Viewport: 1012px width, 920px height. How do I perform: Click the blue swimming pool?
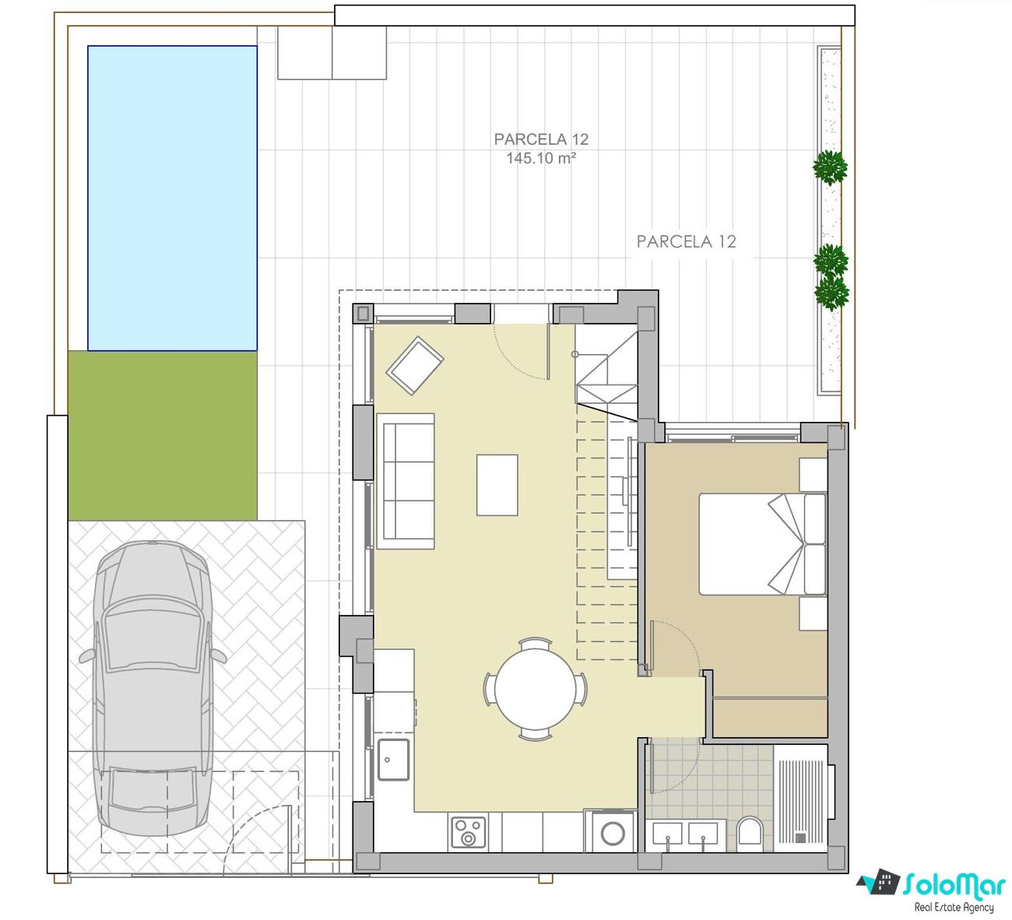point(172,198)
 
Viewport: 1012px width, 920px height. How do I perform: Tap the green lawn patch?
point(163,436)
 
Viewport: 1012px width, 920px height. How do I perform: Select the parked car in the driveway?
point(153,689)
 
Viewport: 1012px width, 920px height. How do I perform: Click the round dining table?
point(536,690)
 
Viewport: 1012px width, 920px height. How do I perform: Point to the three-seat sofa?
point(406,481)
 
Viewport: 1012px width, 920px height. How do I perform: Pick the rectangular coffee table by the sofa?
point(497,485)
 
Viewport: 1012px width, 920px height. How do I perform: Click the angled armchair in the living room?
point(415,365)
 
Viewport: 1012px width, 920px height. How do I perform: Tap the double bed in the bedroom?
point(762,544)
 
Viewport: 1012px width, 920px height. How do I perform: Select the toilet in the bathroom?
point(750,831)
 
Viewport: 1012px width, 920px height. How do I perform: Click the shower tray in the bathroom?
point(800,799)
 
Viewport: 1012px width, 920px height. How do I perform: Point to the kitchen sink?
point(393,760)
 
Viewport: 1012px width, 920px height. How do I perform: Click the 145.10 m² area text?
point(541,158)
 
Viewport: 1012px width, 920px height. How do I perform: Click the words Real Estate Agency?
point(954,908)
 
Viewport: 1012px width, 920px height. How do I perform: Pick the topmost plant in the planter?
point(830,167)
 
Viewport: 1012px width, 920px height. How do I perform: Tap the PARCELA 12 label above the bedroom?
point(686,241)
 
